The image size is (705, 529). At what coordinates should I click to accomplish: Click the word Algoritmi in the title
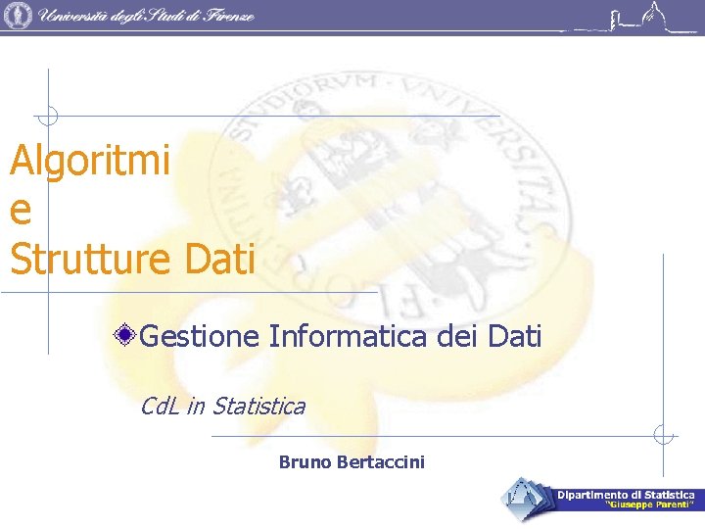[x=90, y=161]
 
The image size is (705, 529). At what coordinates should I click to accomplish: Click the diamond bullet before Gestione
[x=124, y=337]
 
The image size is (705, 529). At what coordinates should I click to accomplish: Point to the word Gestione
[x=200, y=337]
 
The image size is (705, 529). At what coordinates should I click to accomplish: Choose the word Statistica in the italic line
[x=258, y=406]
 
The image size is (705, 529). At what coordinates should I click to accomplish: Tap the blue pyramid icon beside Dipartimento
[x=527, y=499]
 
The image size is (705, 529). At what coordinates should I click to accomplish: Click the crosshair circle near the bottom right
[x=664, y=435]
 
